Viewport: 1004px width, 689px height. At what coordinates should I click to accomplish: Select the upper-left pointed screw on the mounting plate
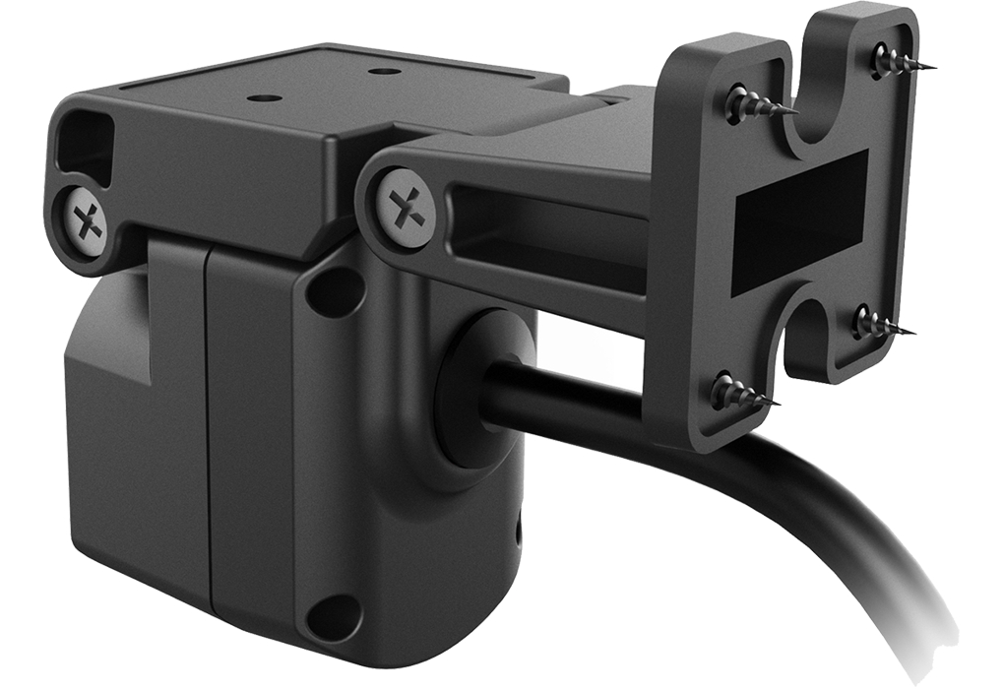point(741,102)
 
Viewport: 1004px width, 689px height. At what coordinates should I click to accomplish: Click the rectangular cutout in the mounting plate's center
point(799,224)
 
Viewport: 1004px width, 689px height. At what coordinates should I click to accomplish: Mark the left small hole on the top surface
point(262,98)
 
